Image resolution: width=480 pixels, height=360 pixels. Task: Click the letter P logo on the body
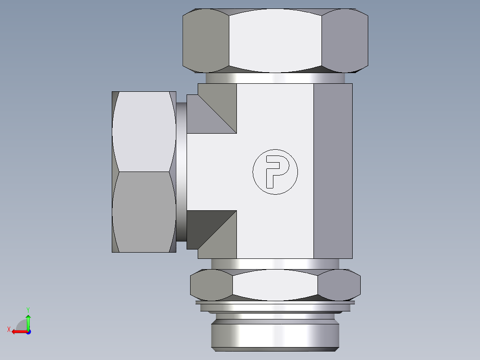pos(275,172)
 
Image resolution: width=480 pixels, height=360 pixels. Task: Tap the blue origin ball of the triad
pos(28,331)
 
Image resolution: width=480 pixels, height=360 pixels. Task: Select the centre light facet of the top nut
pos(275,40)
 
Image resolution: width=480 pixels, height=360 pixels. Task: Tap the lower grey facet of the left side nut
pos(143,212)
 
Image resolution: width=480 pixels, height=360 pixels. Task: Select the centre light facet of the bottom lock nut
pos(275,285)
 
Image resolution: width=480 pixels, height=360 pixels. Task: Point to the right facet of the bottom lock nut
pos(339,285)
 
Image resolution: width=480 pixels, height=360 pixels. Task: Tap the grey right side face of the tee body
pos(333,172)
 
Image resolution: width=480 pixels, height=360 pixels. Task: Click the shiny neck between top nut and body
pos(275,78)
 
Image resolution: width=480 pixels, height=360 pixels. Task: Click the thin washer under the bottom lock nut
pos(275,303)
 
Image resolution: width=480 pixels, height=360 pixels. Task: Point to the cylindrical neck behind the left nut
pos(181,172)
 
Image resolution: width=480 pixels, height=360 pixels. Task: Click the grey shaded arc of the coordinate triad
pos(21,325)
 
